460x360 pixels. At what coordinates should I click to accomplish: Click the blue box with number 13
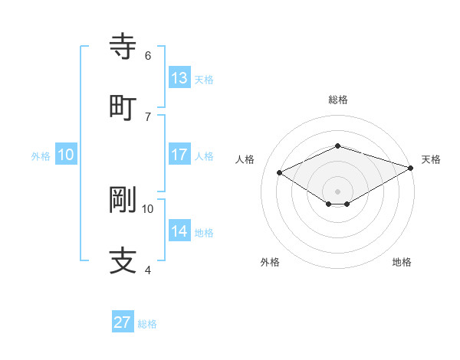[x=179, y=77]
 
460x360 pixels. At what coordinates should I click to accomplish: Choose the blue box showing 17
[x=179, y=154]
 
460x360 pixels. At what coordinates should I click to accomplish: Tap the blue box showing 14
[x=179, y=231]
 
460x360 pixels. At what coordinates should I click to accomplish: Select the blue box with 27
[x=123, y=322]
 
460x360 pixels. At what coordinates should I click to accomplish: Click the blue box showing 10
[x=66, y=155]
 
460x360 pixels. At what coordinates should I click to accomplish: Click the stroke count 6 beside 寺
[x=148, y=55]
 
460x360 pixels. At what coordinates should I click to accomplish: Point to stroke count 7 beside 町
[x=148, y=116]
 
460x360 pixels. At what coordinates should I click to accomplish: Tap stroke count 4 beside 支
[x=148, y=270]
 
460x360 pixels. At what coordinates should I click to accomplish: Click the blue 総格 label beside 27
[x=147, y=324]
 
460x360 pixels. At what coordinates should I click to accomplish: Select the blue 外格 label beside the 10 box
[x=41, y=156]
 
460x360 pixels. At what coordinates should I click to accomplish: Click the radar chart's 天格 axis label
[x=431, y=159]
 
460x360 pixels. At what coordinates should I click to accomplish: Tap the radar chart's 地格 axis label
[x=402, y=262]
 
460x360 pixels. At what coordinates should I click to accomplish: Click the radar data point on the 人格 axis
[x=280, y=172]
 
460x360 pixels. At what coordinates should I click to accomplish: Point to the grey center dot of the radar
[x=337, y=191]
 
